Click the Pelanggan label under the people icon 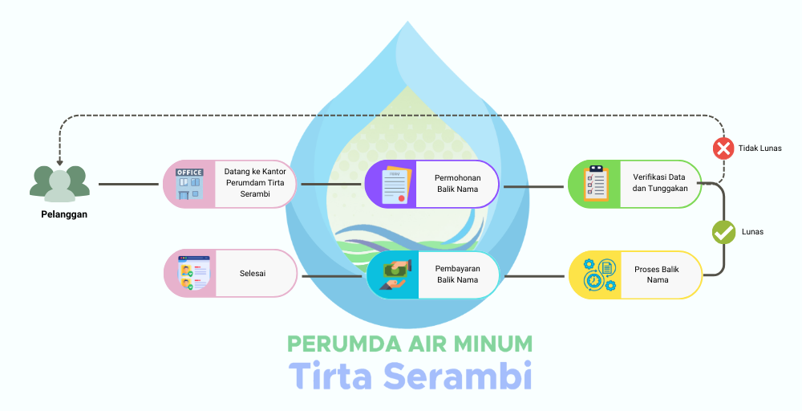[64, 214]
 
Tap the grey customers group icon [59, 183]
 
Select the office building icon [189, 184]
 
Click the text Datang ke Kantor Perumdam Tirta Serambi [254, 184]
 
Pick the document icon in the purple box [392, 185]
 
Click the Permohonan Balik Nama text [458, 184]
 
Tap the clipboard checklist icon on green [594, 184]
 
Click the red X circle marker [723, 148]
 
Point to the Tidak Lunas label [759, 148]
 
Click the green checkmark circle [724, 232]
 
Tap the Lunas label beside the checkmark [753, 232]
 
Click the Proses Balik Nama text [657, 275]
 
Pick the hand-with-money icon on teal [393, 275]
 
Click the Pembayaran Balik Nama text [458, 275]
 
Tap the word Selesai [253, 274]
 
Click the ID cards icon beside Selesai [190, 274]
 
